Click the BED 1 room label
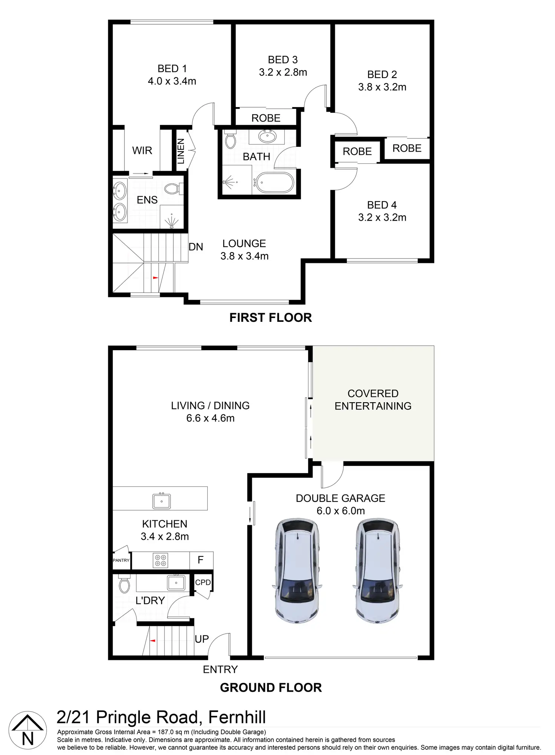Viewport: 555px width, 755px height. click(x=172, y=69)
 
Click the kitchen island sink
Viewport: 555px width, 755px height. click(x=161, y=501)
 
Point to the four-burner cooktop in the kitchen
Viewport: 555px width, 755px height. click(x=160, y=560)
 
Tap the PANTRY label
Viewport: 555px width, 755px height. click(x=121, y=560)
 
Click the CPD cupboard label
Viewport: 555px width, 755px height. click(x=203, y=583)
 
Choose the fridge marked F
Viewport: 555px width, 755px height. click(x=201, y=560)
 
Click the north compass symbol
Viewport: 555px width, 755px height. click(x=28, y=730)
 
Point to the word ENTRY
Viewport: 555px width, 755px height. click(x=220, y=669)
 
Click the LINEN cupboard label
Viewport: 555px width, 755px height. click(x=181, y=151)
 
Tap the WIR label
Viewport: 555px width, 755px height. click(x=142, y=151)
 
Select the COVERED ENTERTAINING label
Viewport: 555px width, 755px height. click(x=373, y=400)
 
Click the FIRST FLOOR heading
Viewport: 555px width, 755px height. click(x=271, y=318)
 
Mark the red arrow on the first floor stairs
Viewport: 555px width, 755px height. click(x=155, y=278)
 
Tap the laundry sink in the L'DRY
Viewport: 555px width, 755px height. click(x=176, y=583)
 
